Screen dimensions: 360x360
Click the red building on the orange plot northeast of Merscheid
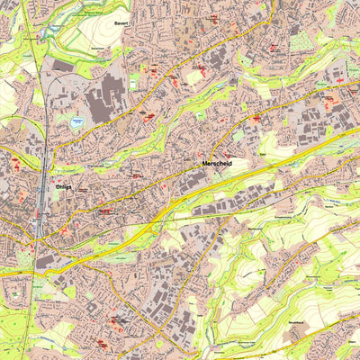tap(256, 118)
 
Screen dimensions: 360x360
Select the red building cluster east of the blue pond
tap(144, 114)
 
